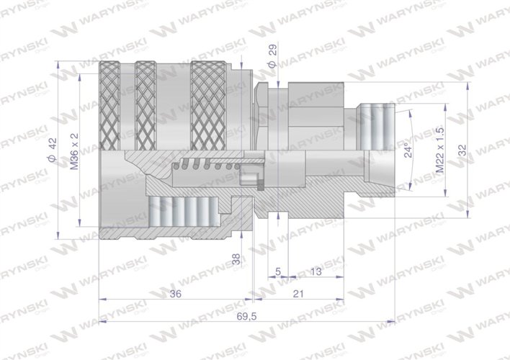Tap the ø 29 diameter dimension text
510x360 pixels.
[x=272, y=57]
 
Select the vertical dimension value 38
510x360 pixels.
[x=236, y=260]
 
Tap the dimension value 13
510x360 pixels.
[x=314, y=271]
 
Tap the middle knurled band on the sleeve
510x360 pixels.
[x=145, y=106]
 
